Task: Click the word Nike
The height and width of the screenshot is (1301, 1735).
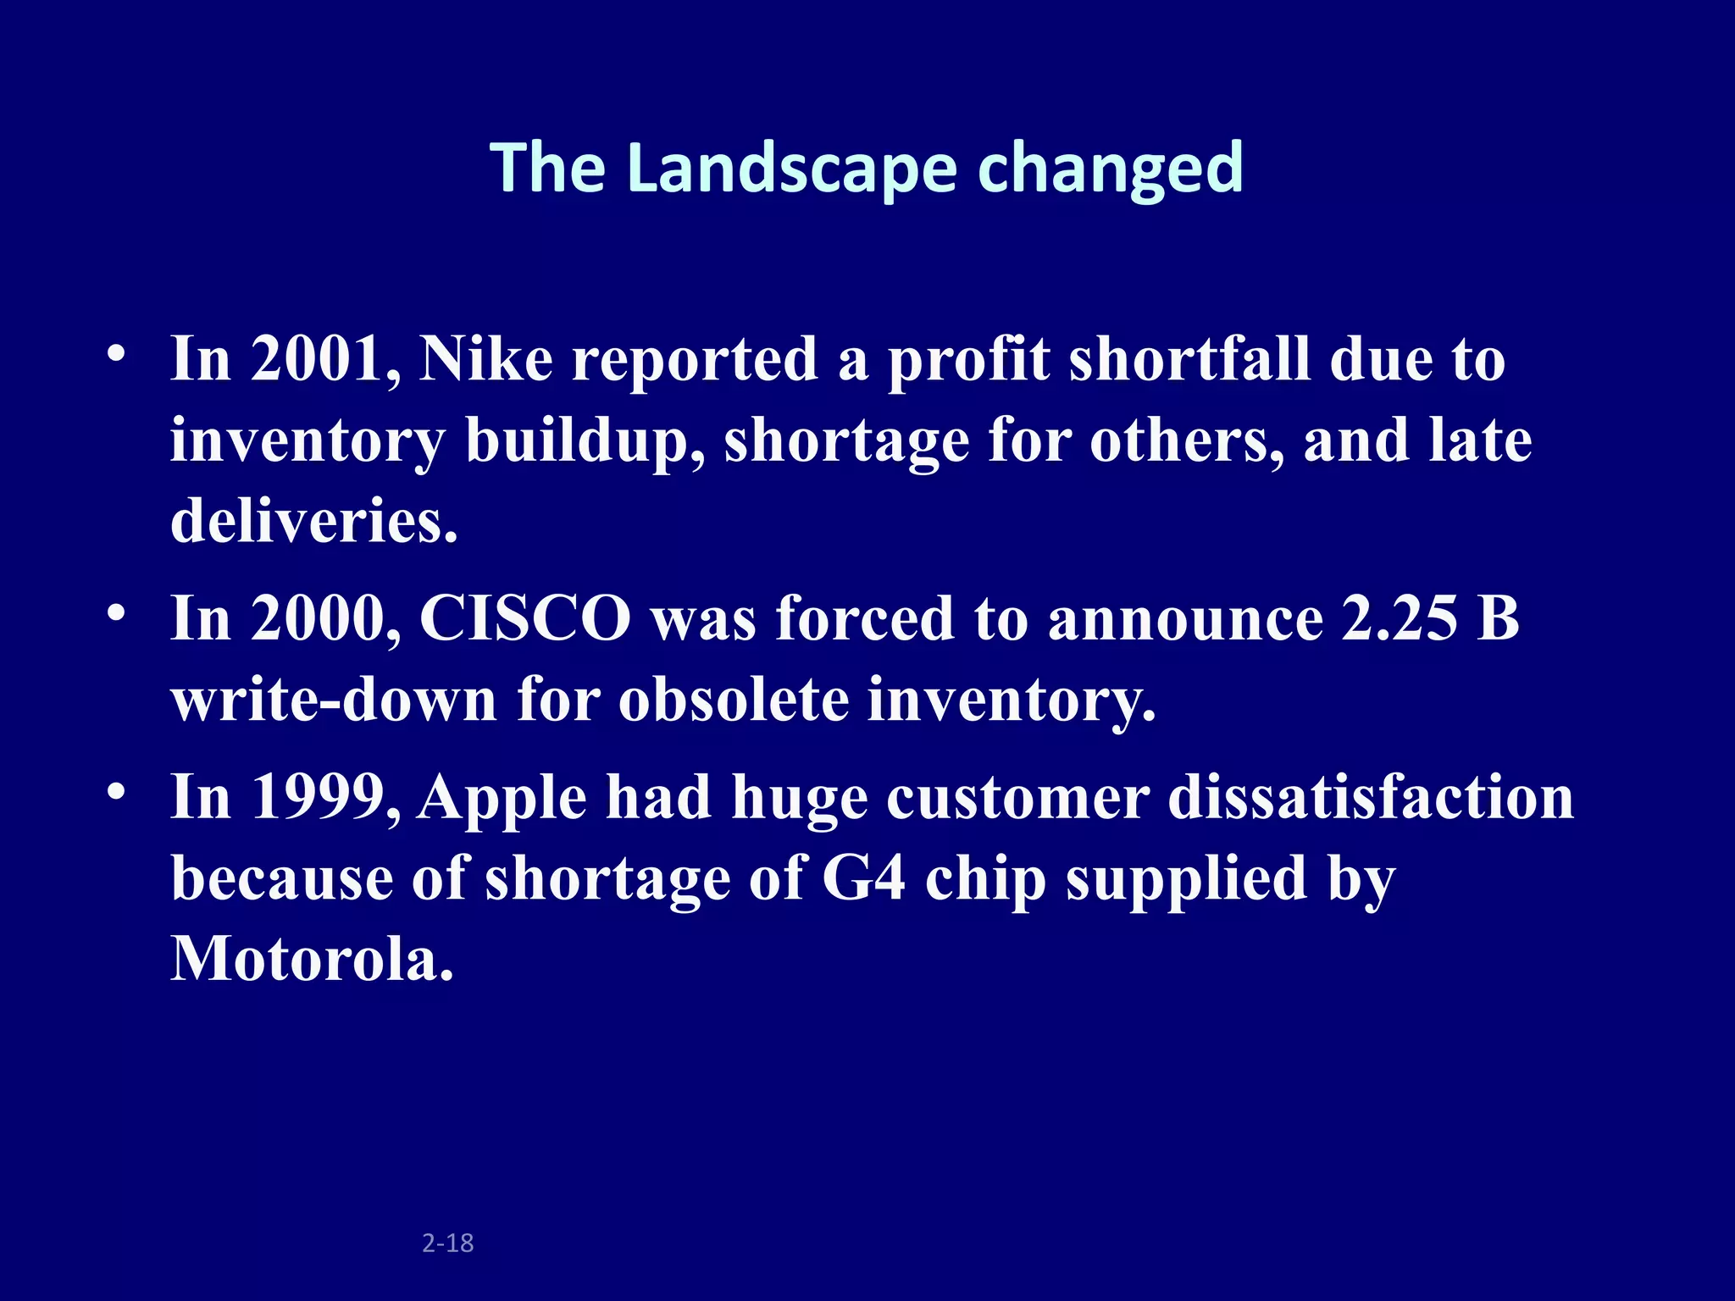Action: tap(485, 359)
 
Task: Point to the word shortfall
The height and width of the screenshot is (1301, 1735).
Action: tap(1189, 359)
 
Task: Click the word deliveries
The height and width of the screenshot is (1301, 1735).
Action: tap(313, 520)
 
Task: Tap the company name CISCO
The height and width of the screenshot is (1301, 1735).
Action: tap(525, 618)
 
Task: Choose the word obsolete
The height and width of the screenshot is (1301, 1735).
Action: tap(734, 700)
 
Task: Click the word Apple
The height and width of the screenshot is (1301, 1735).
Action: tap(502, 798)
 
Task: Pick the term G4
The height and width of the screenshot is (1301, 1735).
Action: tap(863, 878)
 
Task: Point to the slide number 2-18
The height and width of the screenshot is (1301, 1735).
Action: tap(447, 1243)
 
